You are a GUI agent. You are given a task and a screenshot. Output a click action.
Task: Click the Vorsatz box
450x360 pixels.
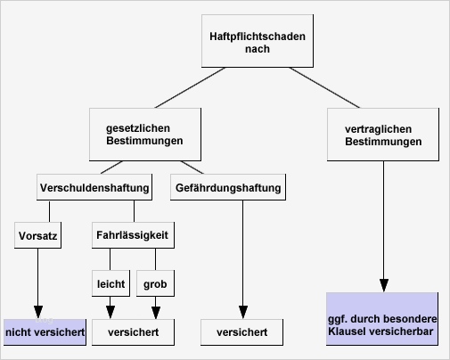(37, 236)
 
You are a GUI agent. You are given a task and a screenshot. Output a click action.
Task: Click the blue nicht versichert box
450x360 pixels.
(45, 332)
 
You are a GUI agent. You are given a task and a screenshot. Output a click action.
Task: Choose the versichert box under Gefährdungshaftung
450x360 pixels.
(242, 332)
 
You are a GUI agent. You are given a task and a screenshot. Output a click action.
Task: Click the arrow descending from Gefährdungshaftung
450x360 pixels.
(242, 258)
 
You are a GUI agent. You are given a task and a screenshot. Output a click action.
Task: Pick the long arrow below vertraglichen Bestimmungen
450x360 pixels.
(383, 223)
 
